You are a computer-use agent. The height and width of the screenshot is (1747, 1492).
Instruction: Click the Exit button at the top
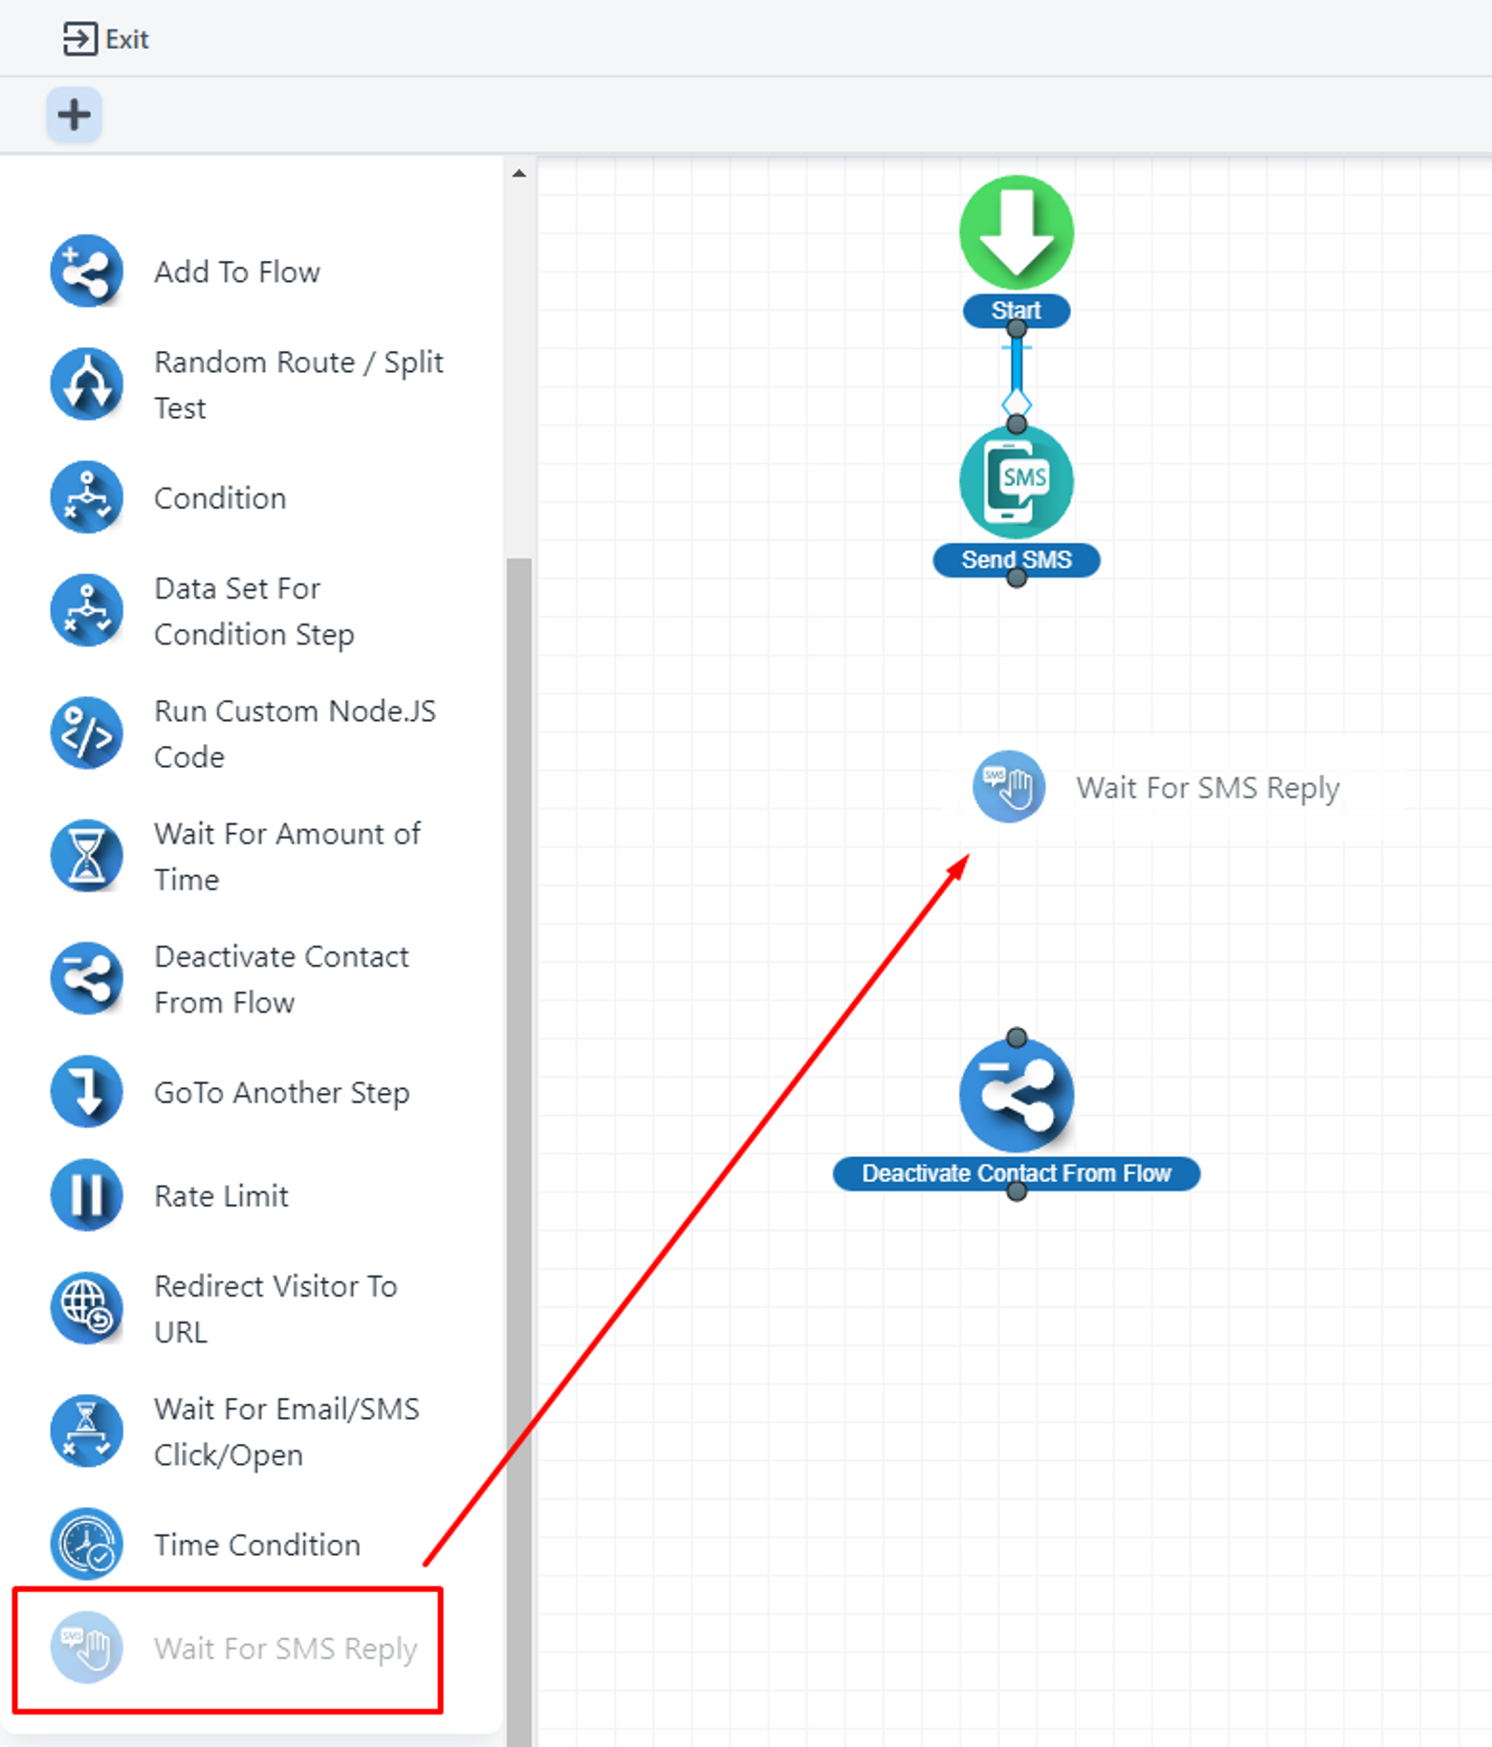point(106,39)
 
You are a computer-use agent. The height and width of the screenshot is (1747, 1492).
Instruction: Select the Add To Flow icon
point(86,272)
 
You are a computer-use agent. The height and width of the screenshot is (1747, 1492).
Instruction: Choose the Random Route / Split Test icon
point(86,384)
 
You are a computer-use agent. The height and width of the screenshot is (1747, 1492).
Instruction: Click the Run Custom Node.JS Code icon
point(86,733)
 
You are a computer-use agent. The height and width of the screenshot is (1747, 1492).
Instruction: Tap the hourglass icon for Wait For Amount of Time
point(86,856)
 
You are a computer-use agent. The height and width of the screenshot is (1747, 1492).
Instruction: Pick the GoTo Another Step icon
point(86,1092)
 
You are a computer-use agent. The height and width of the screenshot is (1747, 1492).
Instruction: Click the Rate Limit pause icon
point(86,1195)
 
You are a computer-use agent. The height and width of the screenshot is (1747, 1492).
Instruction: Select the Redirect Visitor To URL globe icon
point(86,1308)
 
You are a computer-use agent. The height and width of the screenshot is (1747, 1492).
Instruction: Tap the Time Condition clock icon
point(86,1544)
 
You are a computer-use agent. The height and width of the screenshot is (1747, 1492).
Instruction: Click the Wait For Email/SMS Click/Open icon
point(86,1430)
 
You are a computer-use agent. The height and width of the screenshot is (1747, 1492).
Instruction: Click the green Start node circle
point(1017,232)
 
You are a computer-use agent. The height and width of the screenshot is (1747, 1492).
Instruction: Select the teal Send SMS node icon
point(1017,481)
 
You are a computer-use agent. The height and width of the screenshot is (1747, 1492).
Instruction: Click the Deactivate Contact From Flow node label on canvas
point(1017,1173)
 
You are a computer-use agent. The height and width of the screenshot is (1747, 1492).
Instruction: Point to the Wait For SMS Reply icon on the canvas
point(1009,787)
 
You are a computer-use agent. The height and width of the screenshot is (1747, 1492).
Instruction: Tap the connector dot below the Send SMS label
point(1017,579)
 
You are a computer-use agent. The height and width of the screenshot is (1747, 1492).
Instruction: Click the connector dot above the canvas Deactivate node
point(1017,1037)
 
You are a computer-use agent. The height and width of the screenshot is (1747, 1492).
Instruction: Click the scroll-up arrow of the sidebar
point(518,174)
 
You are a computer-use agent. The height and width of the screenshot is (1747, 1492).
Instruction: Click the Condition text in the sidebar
point(220,498)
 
